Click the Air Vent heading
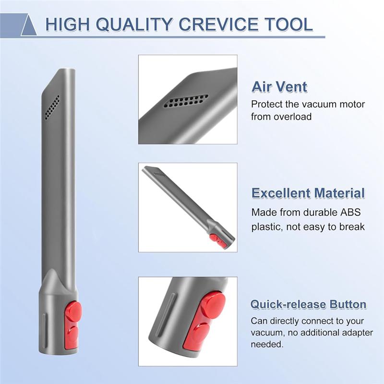click(279, 87)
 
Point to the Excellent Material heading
click(308, 193)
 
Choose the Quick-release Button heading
click(308, 304)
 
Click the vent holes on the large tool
click(52, 107)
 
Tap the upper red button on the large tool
click(73, 312)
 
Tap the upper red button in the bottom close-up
click(213, 304)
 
